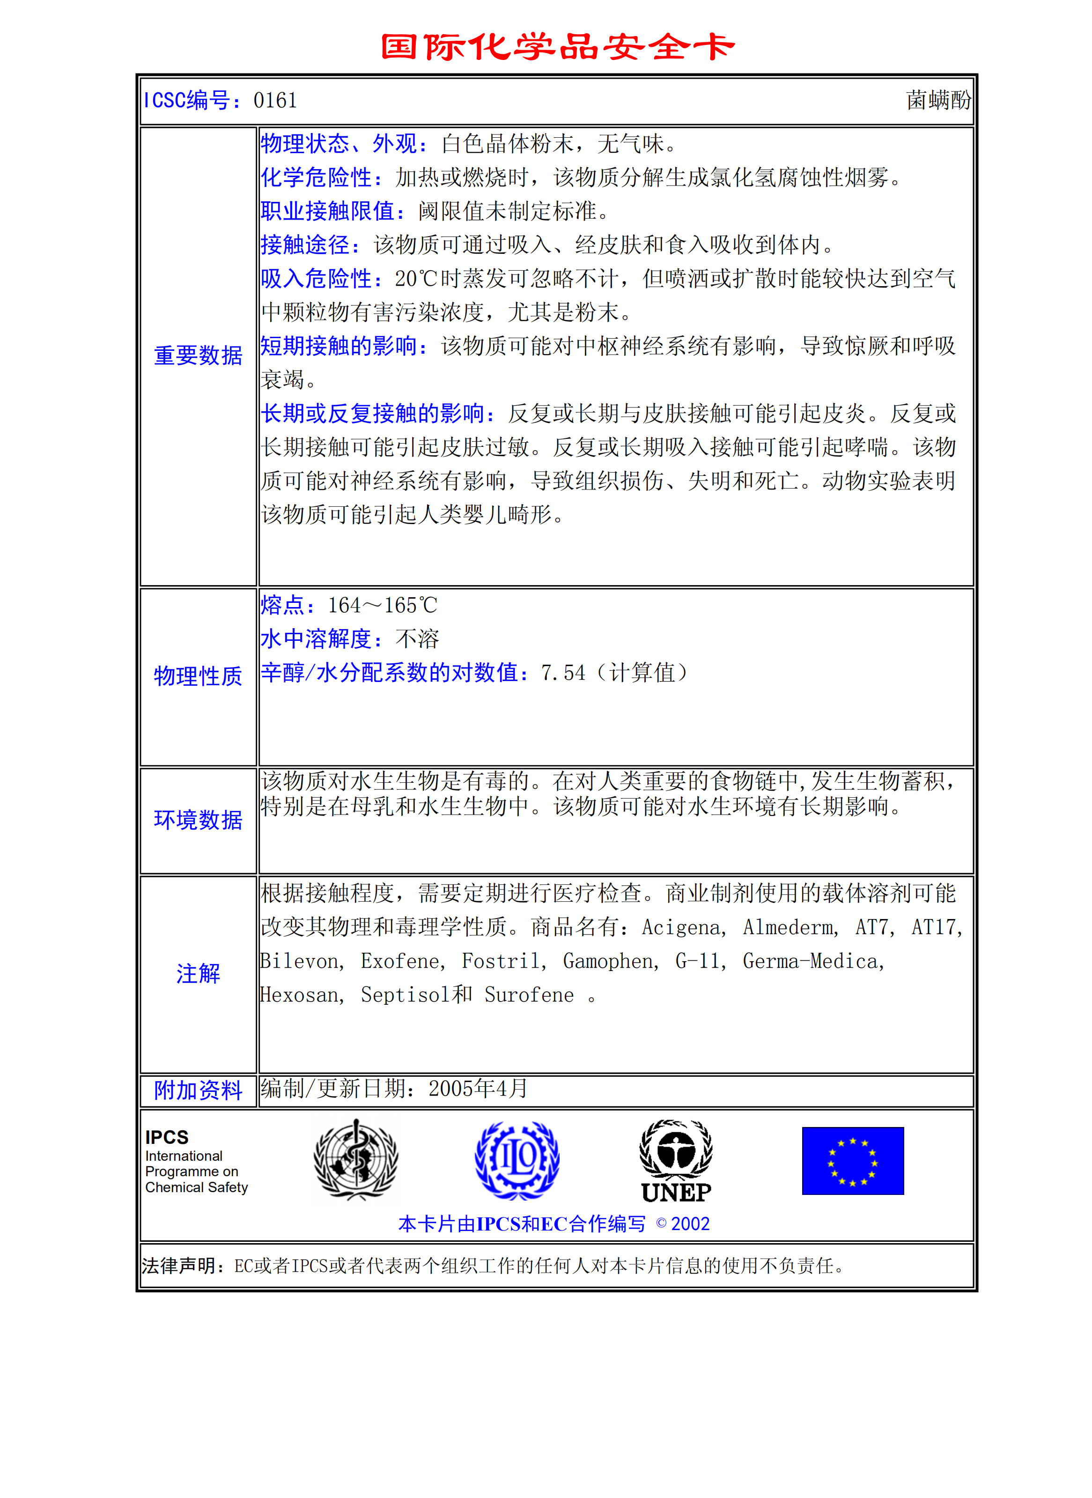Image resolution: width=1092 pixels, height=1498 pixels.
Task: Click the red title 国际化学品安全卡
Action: [557, 47]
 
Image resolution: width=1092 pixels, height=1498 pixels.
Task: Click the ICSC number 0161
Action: [275, 101]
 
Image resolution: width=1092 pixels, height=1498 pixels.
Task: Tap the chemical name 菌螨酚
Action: [938, 101]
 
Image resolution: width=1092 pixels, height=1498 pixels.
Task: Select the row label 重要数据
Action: [198, 356]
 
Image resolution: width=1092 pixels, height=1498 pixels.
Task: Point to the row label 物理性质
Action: [198, 676]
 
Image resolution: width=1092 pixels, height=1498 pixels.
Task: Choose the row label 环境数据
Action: [198, 820]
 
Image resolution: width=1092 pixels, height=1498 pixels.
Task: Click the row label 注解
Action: [198, 974]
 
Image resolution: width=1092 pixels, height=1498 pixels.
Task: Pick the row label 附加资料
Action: [198, 1090]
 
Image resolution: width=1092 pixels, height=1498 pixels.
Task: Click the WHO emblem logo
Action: [355, 1159]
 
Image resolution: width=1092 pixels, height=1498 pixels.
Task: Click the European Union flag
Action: [852, 1161]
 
